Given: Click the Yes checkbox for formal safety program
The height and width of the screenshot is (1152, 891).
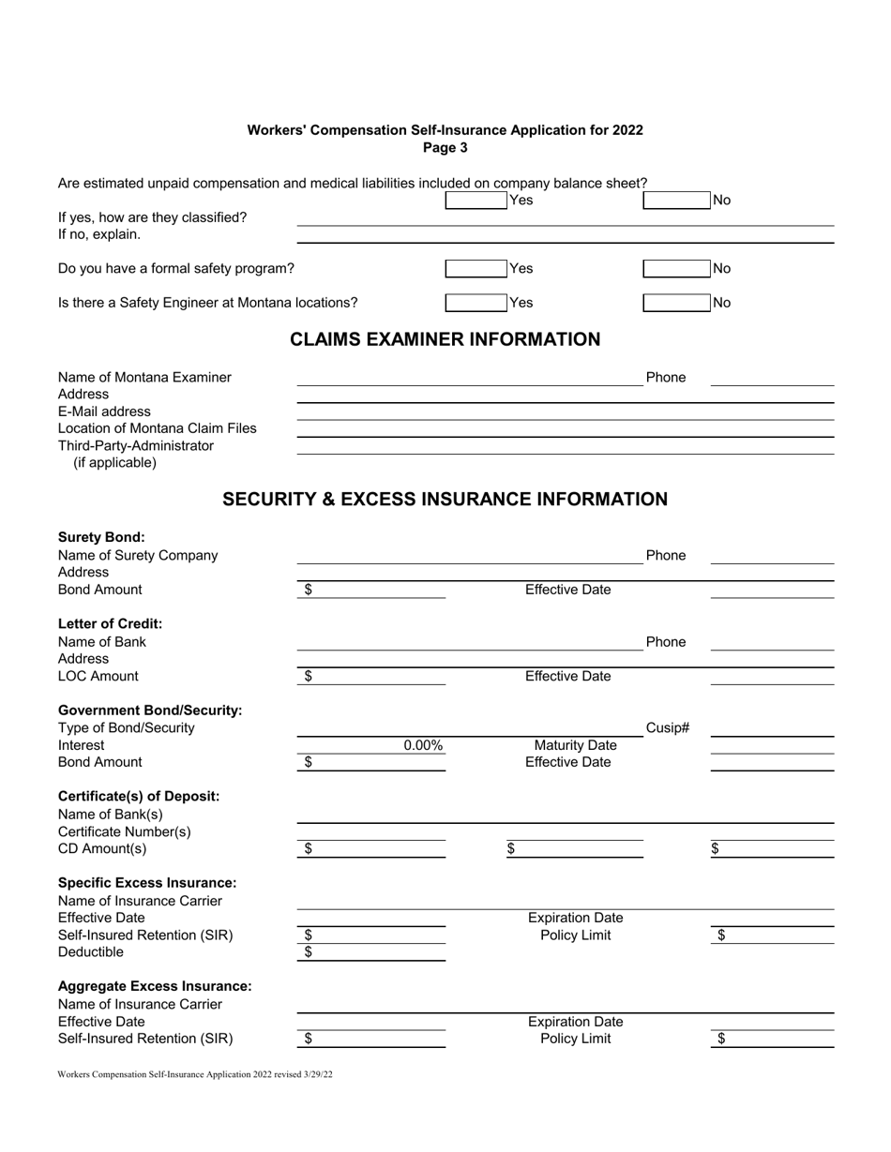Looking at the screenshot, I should [475, 269].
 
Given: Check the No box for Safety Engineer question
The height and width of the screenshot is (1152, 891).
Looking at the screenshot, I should [676, 303].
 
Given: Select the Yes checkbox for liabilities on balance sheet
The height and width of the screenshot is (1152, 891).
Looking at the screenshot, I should [475, 200].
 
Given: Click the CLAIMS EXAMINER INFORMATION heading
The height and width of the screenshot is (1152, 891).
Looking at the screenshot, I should [445, 339].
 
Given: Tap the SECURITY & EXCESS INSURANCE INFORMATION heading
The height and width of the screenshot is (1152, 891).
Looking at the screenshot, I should [445, 500].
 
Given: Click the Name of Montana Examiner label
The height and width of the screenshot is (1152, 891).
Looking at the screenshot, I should [144, 378].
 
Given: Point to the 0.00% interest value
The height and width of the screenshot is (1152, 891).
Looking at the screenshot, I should [423, 746].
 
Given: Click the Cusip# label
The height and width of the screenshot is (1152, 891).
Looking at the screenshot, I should [668, 727].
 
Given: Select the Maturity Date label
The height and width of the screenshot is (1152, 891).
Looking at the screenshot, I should [575, 746].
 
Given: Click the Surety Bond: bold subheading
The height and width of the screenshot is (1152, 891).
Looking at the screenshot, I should [101, 537].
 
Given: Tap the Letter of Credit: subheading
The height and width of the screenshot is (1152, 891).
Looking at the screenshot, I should [110, 624].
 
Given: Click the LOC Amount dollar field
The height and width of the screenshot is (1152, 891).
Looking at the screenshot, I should [375, 677].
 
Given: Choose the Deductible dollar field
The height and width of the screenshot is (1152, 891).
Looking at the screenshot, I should [375, 953].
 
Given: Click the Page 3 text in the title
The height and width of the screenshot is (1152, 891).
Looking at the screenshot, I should [445, 148].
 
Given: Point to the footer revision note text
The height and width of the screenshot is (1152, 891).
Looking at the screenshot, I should [194, 1075].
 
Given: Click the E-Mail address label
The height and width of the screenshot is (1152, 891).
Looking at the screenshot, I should [104, 411].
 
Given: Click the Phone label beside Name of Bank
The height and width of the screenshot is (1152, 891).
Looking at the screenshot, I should [665, 642].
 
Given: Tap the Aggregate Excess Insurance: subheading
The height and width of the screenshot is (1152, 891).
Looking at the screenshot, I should [155, 986].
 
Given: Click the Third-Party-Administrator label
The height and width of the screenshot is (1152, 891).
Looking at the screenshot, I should [136, 445].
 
